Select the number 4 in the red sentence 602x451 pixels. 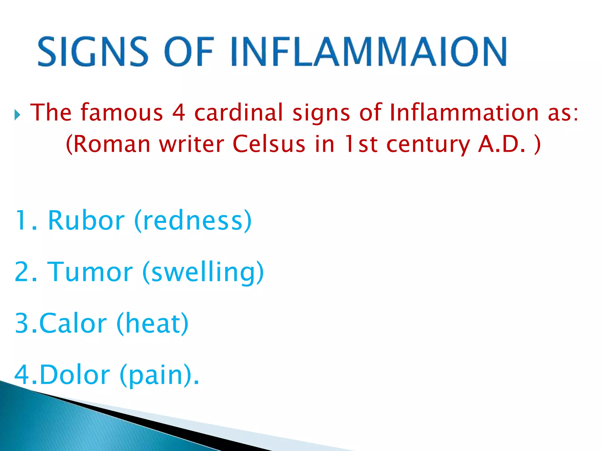click(179, 112)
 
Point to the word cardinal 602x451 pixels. click(238, 112)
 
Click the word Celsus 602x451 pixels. click(269, 144)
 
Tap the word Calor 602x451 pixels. click(73, 323)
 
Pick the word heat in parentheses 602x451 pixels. click(153, 323)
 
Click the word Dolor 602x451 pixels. click(75, 375)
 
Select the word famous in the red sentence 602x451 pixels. click(122, 112)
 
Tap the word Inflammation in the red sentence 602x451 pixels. click(464, 112)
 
